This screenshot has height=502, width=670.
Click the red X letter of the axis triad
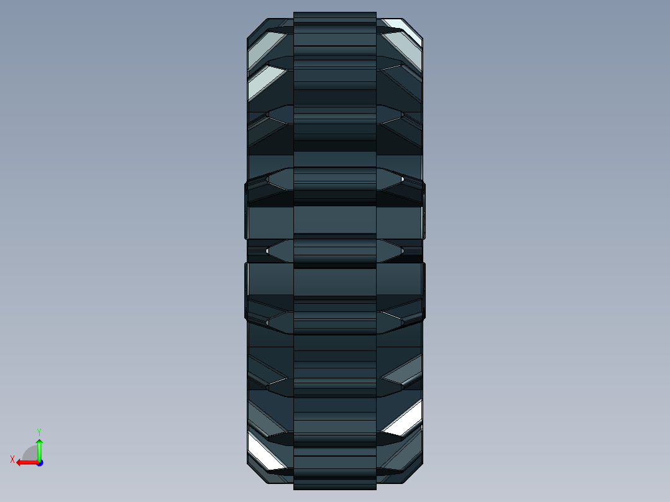pos(12,459)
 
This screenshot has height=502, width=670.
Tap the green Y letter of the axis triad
pos(39,431)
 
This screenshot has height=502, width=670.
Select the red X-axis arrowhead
pos(20,462)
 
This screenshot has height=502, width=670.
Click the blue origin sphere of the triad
pos(39,462)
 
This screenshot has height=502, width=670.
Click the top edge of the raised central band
pos(334,12)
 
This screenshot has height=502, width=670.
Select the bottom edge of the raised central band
pos(334,488)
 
